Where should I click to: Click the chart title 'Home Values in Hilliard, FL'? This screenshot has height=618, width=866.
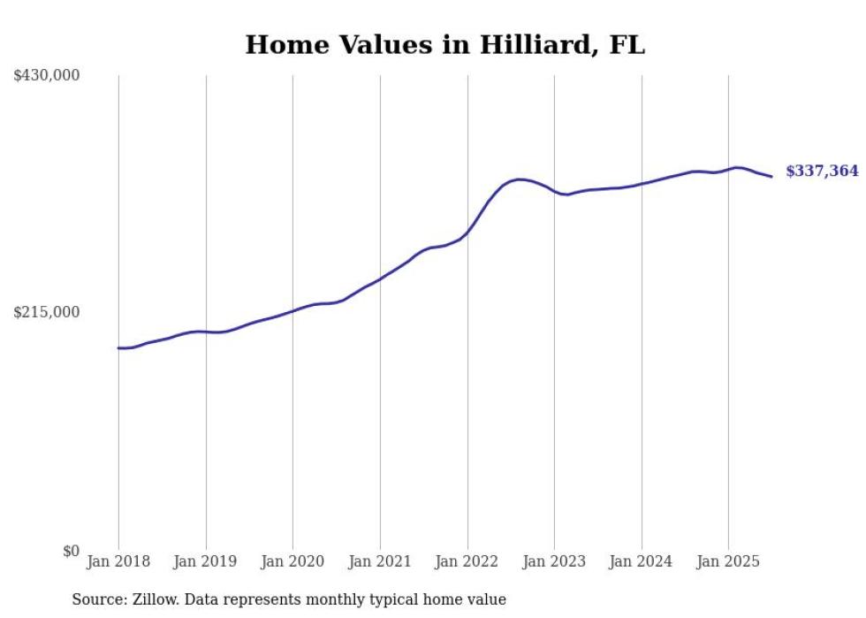(x=444, y=44)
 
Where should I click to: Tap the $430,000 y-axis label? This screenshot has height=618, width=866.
(x=47, y=76)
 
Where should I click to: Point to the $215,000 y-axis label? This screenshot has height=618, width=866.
(x=47, y=312)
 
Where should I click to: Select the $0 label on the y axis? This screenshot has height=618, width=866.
(x=71, y=551)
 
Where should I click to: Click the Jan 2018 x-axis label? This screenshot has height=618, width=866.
(x=118, y=561)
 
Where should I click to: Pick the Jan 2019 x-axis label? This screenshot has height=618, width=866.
(x=206, y=561)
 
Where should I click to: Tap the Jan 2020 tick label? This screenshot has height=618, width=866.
(x=292, y=561)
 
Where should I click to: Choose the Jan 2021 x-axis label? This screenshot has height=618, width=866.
(x=380, y=561)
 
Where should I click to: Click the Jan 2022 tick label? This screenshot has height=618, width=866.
(x=467, y=561)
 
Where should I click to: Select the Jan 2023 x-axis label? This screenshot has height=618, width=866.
(x=554, y=561)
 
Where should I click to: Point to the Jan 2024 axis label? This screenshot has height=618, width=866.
(x=642, y=561)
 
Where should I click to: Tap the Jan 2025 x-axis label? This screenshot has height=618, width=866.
(x=728, y=561)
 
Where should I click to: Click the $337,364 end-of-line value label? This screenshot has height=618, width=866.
(x=822, y=172)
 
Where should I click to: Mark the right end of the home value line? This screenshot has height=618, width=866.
(x=771, y=177)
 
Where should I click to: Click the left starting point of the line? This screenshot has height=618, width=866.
(x=118, y=347)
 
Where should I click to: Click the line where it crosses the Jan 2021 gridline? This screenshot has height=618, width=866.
(x=380, y=279)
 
